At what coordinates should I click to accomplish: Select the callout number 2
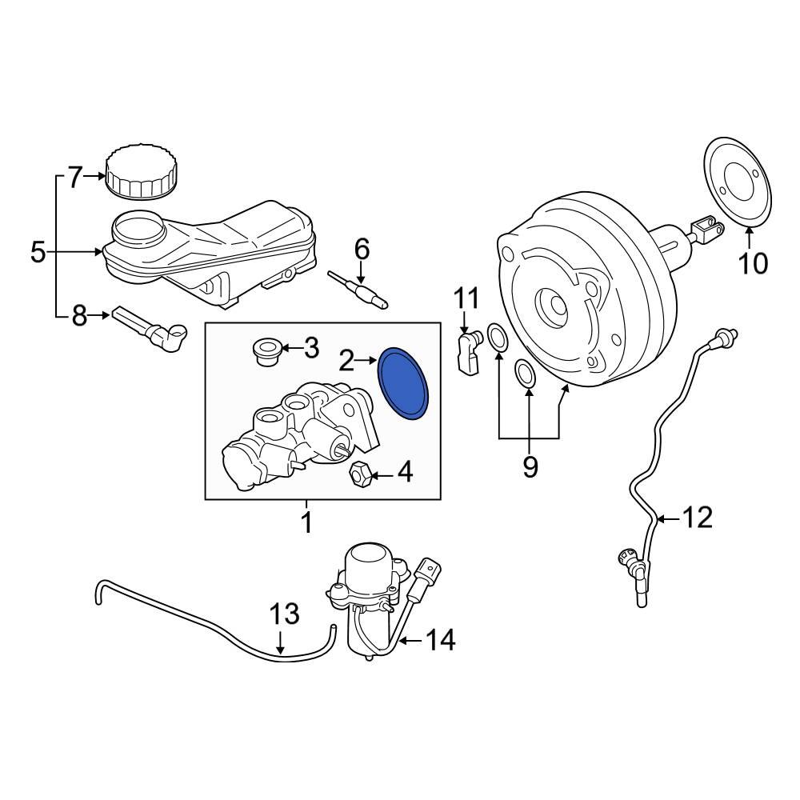[x=346, y=362]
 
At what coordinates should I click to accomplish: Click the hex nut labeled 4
[x=361, y=473]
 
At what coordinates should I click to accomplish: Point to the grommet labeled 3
[x=265, y=351]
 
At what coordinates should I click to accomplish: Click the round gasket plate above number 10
[x=739, y=182]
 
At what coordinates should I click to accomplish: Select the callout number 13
[x=283, y=614]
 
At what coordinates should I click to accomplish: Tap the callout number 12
[x=697, y=518]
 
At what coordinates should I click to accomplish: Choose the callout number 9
[x=530, y=466]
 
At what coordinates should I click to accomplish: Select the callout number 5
[x=38, y=253]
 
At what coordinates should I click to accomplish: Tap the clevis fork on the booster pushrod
[x=702, y=230]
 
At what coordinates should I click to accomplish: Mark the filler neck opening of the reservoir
[x=137, y=226]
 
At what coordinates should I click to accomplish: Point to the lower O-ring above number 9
[x=526, y=373]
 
